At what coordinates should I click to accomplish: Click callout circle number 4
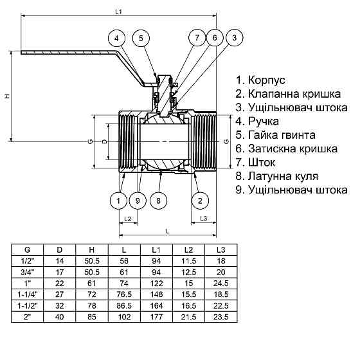pos(116,39)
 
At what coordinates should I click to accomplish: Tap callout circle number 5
pos(141,39)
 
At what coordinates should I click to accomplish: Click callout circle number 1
pos(118,201)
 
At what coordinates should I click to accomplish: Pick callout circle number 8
pos(159,201)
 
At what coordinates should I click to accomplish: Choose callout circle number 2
pos(201,201)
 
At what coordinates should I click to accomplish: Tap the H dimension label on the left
pos(7,96)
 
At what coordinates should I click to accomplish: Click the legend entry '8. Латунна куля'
pos(277,175)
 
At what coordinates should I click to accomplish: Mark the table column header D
pos(60,249)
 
